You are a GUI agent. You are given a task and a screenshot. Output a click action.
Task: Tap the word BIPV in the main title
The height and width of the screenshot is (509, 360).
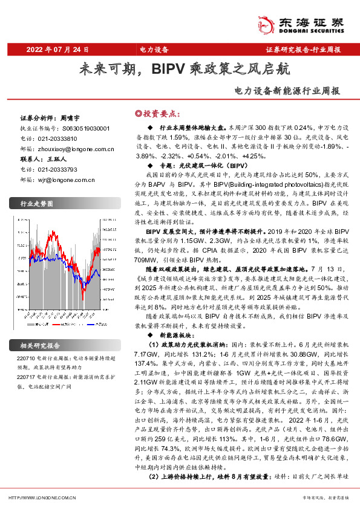(x=169, y=69)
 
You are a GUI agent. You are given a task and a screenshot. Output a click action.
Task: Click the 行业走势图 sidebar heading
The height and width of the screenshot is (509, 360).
(x=38, y=205)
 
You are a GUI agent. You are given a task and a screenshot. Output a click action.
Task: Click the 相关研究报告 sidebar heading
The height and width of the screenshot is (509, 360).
(x=40, y=346)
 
